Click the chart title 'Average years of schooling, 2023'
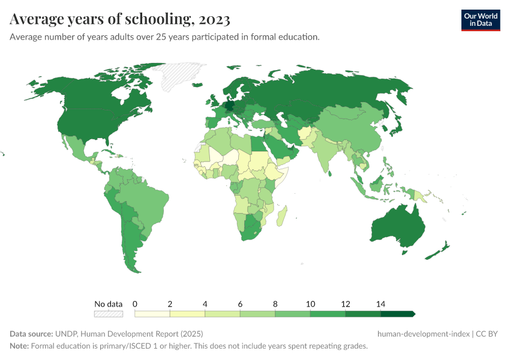tap(119, 19)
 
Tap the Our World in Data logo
tap(480, 20)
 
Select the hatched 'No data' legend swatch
tap(109, 314)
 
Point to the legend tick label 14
tap(380, 304)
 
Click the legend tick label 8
tap(275, 304)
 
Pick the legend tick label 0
tap(135, 304)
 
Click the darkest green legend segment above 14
tap(398, 314)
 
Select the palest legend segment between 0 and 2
tap(152, 314)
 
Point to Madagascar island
tap(281, 215)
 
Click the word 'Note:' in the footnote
tap(19, 346)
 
